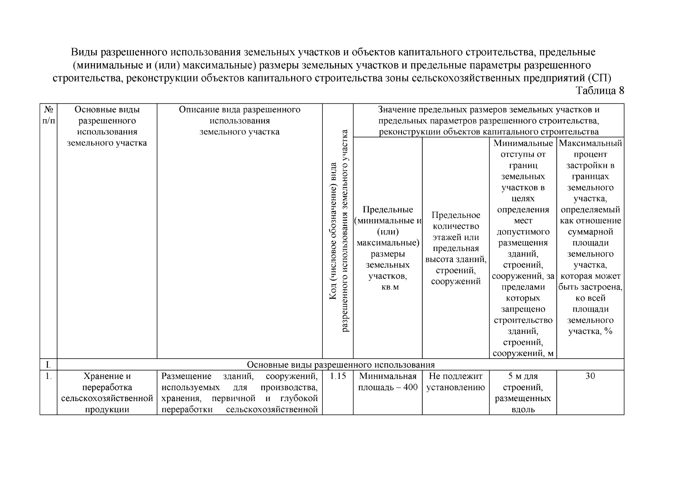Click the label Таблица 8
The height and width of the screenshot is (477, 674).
click(600, 91)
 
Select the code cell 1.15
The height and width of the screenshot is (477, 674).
click(338, 376)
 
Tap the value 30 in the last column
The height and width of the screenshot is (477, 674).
click(590, 376)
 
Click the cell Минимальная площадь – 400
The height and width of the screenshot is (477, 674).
click(388, 382)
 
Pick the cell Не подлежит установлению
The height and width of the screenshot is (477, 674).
click(456, 382)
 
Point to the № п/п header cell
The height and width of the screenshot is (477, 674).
click(48, 115)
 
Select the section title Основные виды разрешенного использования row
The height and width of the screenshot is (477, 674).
click(341, 365)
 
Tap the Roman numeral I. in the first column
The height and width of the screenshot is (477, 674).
click(48, 365)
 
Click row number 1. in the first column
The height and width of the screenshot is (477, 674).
click(48, 376)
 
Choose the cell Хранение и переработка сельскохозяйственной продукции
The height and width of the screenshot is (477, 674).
click(107, 393)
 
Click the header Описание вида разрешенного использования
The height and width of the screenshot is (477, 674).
click(239, 120)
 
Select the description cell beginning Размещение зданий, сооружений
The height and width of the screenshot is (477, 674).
click(239, 393)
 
